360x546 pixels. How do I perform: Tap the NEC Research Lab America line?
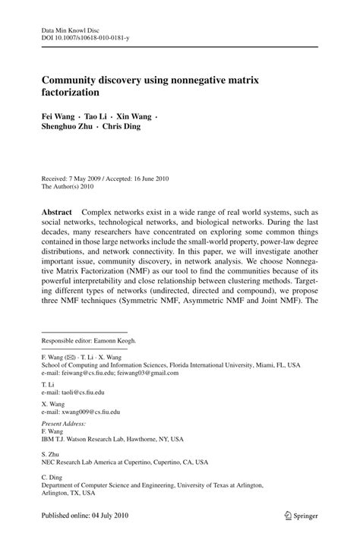click(123, 461)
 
